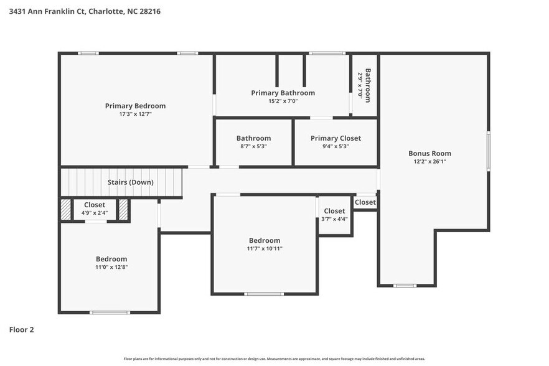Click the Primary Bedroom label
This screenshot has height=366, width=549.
pyautogui.click(x=135, y=106)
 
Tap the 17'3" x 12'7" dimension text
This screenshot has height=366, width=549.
pyautogui.click(x=135, y=114)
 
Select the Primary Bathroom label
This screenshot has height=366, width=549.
pyautogui.click(x=283, y=93)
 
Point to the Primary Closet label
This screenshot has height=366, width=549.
pyautogui.click(x=335, y=138)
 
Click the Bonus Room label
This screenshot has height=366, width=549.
pyautogui.click(x=429, y=153)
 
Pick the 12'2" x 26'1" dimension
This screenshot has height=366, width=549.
pyautogui.click(x=429, y=161)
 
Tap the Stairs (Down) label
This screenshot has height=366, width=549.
pyautogui.click(x=130, y=182)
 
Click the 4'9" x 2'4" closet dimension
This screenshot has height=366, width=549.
pyautogui.click(x=95, y=213)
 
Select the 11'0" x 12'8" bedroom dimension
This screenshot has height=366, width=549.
pyautogui.click(x=111, y=267)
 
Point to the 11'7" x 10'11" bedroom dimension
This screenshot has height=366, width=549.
pyautogui.click(x=265, y=249)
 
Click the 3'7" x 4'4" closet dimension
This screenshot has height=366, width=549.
pyautogui.click(x=334, y=219)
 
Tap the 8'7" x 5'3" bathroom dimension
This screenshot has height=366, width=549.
pyautogui.click(x=253, y=146)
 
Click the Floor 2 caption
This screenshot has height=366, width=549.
pyautogui.click(x=21, y=329)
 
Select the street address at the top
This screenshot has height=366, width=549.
pyautogui.click(x=85, y=11)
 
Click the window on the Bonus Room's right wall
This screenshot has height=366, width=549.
pyautogui.click(x=489, y=151)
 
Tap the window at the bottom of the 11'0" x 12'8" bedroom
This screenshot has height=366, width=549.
pyautogui.click(x=110, y=312)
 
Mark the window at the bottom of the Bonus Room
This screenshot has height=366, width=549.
pyautogui.click(x=405, y=286)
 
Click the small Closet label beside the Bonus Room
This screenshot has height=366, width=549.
pyautogui.click(x=365, y=202)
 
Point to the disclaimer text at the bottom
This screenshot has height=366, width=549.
pyautogui.click(x=274, y=359)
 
